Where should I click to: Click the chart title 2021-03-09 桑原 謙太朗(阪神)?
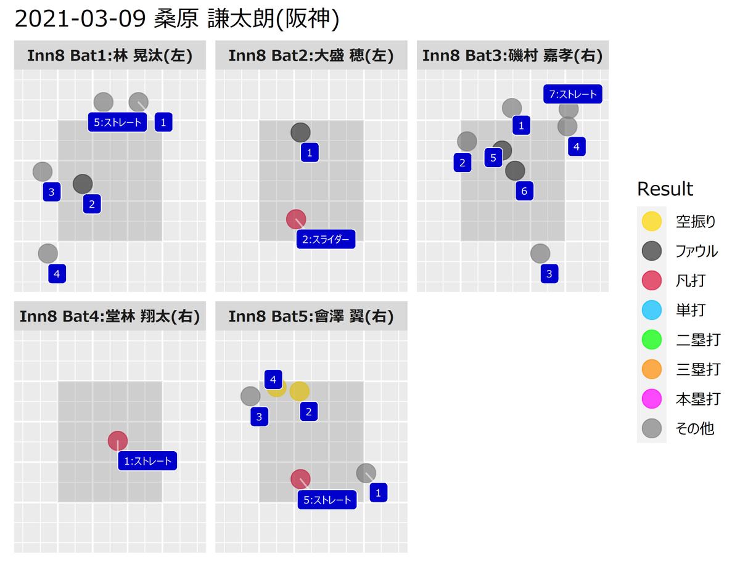pyautogui.click(x=177, y=20)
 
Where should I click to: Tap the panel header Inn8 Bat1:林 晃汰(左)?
pyautogui.click(x=110, y=55)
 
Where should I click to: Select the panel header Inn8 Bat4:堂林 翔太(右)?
pyautogui.click(x=110, y=317)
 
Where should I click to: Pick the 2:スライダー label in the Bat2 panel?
pyautogui.click(x=326, y=239)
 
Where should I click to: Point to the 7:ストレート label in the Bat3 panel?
pyautogui.click(x=573, y=94)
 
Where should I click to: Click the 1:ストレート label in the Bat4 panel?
pyautogui.click(x=148, y=460)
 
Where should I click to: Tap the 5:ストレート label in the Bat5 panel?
pyautogui.click(x=327, y=499)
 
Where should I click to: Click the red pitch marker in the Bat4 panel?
pyautogui.click(x=117, y=441)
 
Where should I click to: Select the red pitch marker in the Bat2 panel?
pyautogui.click(x=296, y=219)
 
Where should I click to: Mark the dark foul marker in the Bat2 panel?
pyautogui.click(x=300, y=132)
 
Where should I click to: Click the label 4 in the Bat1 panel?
pyautogui.click(x=57, y=274)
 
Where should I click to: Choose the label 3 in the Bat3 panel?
pyautogui.click(x=549, y=274)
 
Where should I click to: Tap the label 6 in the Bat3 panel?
pyautogui.click(x=524, y=191)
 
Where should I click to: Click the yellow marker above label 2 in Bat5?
pyautogui.click(x=299, y=391)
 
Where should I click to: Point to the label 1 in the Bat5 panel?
pyautogui.click(x=378, y=492)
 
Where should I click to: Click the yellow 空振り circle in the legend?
pyautogui.click(x=651, y=221)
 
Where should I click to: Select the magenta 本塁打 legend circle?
pyautogui.click(x=651, y=398)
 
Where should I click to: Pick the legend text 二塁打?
pyautogui.click(x=697, y=339)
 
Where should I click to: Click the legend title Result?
pyautogui.click(x=665, y=189)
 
